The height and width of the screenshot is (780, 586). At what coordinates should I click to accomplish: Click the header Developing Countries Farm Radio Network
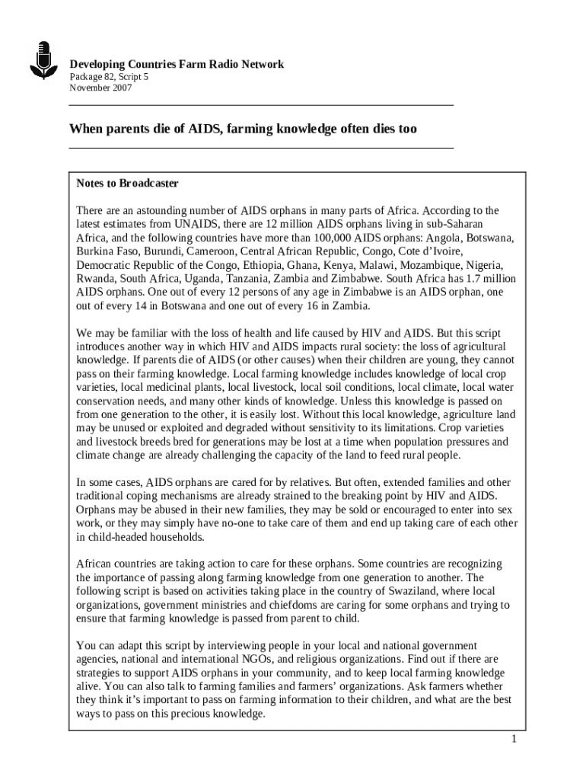tap(177, 65)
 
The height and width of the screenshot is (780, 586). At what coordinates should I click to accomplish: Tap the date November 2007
tap(100, 88)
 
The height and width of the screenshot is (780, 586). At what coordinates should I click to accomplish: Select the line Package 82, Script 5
tap(110, 77)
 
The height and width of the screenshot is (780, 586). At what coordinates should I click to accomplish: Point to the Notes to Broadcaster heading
tap(127, 184)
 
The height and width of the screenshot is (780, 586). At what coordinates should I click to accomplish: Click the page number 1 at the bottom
tap(514, 740)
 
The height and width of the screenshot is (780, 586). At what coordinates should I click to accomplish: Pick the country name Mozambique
tap(436, 264)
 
